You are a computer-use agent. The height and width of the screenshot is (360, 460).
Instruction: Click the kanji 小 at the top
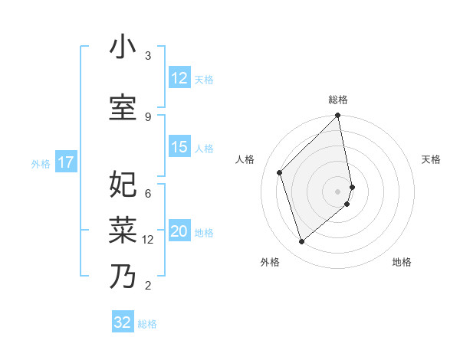123,48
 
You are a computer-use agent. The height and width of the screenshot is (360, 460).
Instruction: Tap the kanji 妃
123,185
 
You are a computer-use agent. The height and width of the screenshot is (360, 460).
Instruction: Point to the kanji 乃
123,276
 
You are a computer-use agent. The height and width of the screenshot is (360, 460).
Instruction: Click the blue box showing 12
179,78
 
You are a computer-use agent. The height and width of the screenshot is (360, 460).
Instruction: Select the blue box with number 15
179,148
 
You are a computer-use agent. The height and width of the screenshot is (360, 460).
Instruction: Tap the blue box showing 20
179,232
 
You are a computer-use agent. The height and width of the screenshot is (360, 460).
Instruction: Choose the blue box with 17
66,162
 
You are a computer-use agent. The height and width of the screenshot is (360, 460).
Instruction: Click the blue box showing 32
123,322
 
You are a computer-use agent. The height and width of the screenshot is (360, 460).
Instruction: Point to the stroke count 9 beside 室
148,116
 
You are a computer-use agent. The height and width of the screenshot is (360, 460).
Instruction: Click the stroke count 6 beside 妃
148,193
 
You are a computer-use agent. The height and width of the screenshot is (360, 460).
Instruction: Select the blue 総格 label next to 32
147,324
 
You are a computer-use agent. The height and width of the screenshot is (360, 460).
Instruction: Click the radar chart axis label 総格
338,100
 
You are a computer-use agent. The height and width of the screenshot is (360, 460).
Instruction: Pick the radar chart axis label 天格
432,159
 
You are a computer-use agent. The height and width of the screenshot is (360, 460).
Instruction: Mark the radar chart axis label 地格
402,263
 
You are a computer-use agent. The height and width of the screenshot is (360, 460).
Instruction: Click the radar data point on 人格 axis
280,172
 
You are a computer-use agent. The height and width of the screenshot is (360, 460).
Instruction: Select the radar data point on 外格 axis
301,242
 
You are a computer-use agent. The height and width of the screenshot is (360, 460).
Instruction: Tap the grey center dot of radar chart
338,191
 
